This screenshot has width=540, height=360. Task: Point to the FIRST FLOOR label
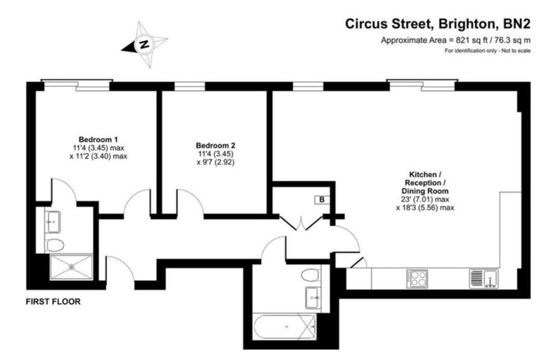(x=53, y=303)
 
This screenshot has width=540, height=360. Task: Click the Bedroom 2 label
(x=215, y=145)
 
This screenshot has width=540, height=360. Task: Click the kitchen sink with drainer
(x=483, y=278)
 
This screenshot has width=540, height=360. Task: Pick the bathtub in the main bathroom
(x=285, y=327)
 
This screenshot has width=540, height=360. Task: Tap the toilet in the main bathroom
(x=311, y=275)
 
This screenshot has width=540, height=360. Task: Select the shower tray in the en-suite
(x=71, y=267)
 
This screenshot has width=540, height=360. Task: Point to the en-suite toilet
(x=55, y=244)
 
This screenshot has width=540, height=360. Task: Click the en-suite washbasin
(x=53, y=222)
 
